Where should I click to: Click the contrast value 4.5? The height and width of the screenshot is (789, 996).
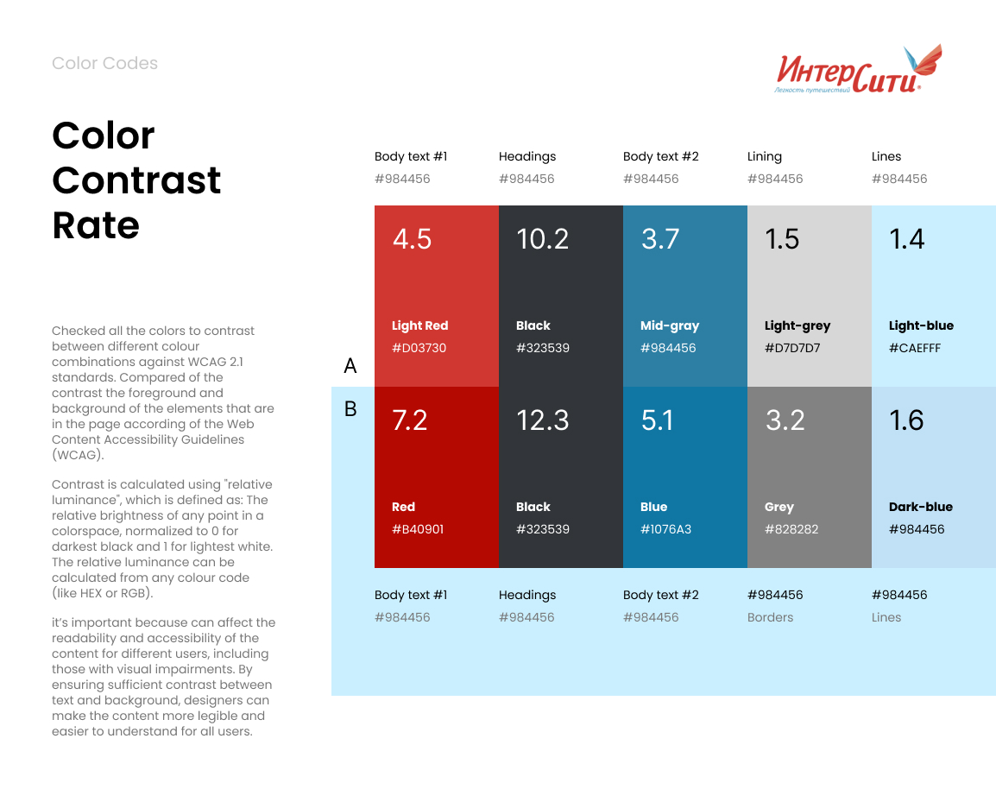click(412, 239)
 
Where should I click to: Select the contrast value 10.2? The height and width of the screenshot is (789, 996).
click(542, 239)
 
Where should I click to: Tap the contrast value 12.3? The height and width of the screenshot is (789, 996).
click(542, 420)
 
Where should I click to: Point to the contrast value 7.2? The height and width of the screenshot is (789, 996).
click(410, 420)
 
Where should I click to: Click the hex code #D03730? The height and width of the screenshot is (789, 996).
click(419, 348)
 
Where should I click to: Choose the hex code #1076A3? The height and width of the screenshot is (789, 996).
click(665, 529)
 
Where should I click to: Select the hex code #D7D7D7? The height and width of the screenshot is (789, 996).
click(792, 348)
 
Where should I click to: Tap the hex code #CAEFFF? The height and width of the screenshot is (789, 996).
click(915, 348)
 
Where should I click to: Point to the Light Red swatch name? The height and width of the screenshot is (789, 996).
click(420, 325)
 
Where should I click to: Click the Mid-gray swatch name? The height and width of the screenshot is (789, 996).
click(670, 325)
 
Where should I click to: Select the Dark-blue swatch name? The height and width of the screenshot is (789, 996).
click(921, 507)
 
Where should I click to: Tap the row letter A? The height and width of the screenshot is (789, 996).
click(350, 366)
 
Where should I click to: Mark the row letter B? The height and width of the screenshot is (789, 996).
click(350, 408)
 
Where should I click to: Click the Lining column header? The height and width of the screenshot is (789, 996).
click(765, 156)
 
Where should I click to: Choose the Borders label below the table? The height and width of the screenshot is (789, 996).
click(770, 617)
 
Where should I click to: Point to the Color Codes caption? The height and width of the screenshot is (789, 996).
click(104, 63)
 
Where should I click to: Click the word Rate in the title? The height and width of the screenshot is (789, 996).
click(96, 225)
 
